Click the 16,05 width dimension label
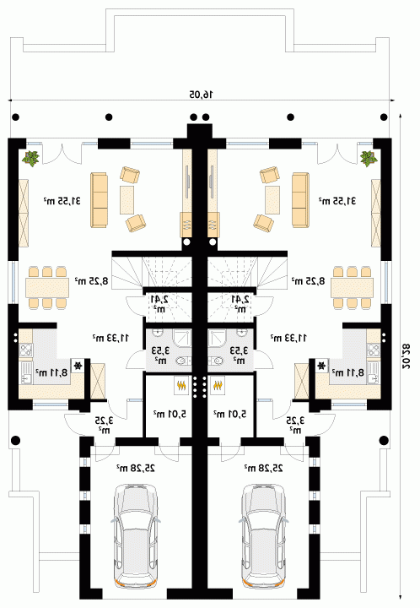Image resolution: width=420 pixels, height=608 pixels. [202, 95]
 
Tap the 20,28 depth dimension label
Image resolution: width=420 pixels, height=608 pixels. [405, 356]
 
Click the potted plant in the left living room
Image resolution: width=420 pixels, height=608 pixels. [30, 158]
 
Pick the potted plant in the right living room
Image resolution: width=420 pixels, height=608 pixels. [368, 158]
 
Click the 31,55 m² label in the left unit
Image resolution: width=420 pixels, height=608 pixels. [62, 201]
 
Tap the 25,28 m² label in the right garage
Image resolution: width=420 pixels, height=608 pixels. [263, 468]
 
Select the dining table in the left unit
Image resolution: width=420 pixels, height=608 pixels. [47, 287]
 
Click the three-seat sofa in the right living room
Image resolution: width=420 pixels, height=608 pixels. [300, 199]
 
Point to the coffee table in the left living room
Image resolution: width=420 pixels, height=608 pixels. [127, 199]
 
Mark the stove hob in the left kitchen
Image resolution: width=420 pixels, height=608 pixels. [25, 350]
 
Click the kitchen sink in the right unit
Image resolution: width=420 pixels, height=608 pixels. [374, 372]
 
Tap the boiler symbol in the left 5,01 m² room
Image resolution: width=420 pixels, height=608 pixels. [180, 385]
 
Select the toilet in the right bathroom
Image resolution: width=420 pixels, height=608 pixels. [217, 361]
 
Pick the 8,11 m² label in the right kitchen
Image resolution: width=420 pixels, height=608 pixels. [348, 372]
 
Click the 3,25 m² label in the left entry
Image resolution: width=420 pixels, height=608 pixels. [104, 424]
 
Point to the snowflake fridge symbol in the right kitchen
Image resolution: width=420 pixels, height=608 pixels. [321, 366]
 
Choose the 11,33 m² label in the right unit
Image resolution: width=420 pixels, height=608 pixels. [288, 338]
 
